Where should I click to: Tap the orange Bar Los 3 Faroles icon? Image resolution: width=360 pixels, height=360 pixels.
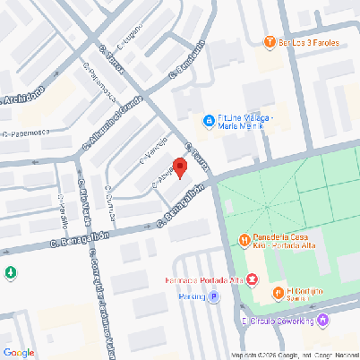click(x=269, y=41)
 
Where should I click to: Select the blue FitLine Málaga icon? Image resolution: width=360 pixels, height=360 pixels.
click(x=208, y=119)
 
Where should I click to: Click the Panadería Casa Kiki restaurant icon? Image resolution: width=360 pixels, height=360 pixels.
click(x=244, y=239)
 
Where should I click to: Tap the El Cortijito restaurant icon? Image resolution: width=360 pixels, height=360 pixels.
click(x=278, y=292)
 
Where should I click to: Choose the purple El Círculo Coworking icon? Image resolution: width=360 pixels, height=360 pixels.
click(x=323, y=320)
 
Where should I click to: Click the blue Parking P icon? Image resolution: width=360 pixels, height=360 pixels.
click(x=213, y=296)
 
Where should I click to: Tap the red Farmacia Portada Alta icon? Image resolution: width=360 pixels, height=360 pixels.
click(x=253, y=279)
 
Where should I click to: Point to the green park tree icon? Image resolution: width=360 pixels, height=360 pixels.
click(x=10, y=272)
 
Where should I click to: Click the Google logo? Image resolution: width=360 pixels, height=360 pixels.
click(x=19, y=352)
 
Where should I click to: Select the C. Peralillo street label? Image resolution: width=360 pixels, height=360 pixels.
click(x=62, y=212)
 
